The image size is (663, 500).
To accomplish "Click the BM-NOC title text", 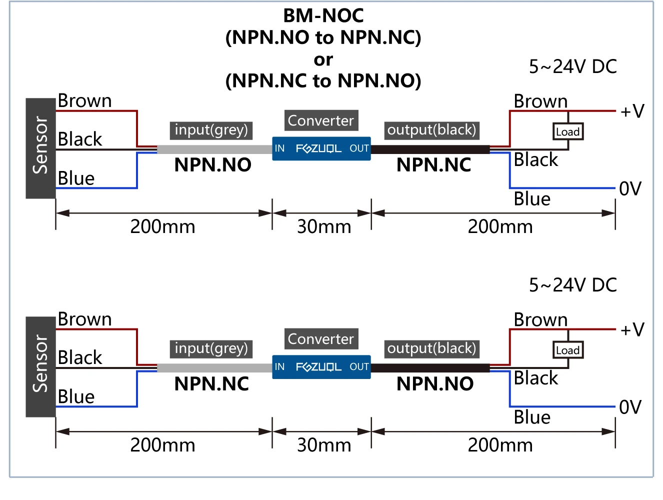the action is coord(323,15).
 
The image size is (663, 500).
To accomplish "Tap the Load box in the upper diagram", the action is coord(568,131).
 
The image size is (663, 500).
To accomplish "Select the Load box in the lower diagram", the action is coord(568,350).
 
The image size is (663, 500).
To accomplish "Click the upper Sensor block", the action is coord(41,148).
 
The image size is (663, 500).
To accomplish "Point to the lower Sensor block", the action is coord(41,367).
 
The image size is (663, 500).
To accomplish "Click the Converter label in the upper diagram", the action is coord(321,120).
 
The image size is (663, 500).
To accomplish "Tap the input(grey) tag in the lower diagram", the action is coord(211,348).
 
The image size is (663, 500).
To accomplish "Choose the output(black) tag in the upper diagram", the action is coord(431,130).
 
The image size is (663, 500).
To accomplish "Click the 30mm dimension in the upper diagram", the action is coord(324,227).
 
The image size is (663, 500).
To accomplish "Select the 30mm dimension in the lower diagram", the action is coord(324,445).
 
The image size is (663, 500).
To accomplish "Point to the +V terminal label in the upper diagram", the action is coord(632,111).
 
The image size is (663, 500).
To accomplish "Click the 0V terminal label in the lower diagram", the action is coord(630,407).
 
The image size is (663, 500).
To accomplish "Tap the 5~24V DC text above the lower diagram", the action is coord(572,285).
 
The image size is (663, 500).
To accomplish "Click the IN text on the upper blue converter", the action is coord(279,148).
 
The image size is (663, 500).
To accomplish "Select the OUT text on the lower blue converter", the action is coord(359,366).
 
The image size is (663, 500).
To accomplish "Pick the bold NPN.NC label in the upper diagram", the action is coord(433,165).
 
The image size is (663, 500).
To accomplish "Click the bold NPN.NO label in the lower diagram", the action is coord(435,383).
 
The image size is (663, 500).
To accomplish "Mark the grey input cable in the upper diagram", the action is coord(214,149).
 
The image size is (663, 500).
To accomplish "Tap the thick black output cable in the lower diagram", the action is coord(430,368).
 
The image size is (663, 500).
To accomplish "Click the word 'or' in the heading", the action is coord(323,59).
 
